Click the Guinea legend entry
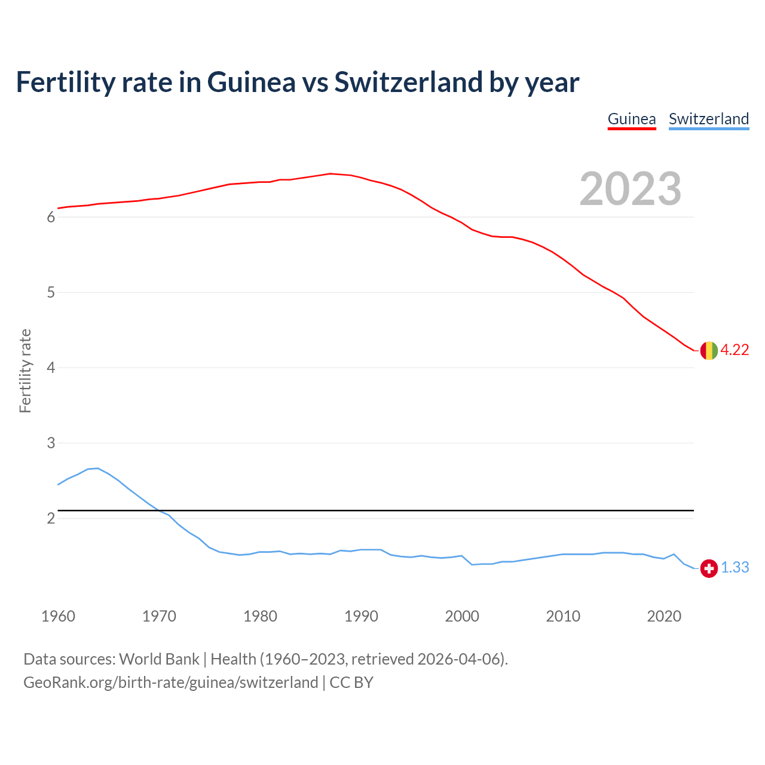[632, 119]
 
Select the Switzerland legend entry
[708, 119]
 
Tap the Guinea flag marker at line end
[709, 350]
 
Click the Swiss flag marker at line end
[709, 568]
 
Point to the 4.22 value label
[735, 350]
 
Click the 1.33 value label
[735, 568]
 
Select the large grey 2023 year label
[631, 189]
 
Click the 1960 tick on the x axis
[58, 616]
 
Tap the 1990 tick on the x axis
[361, 616]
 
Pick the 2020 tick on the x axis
[664, 616]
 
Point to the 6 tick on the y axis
[51, 218]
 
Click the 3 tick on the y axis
[51, 443]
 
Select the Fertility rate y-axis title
[25, 371]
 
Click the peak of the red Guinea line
[331, 174]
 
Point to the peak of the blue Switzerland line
[97, 468]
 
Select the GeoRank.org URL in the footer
[170, 683]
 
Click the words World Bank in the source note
[159, 659]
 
